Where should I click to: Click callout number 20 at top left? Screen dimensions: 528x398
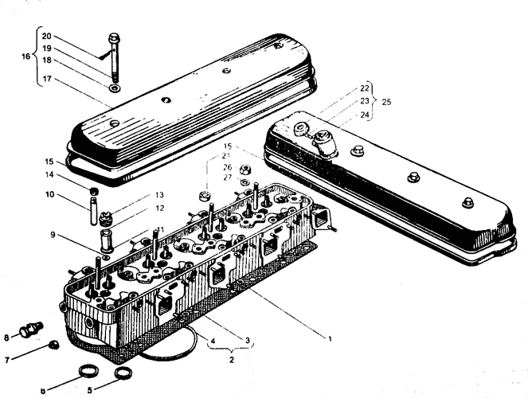pyautogui.click(x=46, y=36)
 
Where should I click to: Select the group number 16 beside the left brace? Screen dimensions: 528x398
pyautogui.click(x=26, y=57)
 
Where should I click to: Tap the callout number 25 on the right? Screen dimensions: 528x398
pyautogui.click(x=386, y=102)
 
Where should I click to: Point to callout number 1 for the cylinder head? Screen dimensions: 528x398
pyautogui.click(x=330, y=339)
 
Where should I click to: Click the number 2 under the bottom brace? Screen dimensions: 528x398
pyautogui.click(x=231, y=360)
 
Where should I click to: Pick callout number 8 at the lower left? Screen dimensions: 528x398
pyautogui.click(x=6, y=338)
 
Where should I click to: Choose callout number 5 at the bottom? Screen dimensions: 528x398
pyautogui.click(x=89, y=390)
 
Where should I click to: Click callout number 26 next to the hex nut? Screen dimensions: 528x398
pyautogui.click(x=228, y=167)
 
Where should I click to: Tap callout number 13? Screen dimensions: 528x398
pyautogui.click(x=159, y=195)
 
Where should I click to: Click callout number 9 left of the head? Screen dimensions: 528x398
pyautogui.click(x=53, y=235)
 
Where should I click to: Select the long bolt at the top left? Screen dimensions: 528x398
pyautogui.click(x=114, y=57)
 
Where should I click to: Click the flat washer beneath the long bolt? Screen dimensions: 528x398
pyautogui.click(x=115, y=89)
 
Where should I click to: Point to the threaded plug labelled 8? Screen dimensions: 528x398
pyautogui.click(x=32, y=329)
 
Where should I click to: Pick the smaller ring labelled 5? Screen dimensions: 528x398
pyautogui.click(x=123, y=373)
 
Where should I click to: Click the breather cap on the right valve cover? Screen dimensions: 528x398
pyautogui.click(x=325, y=143)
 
